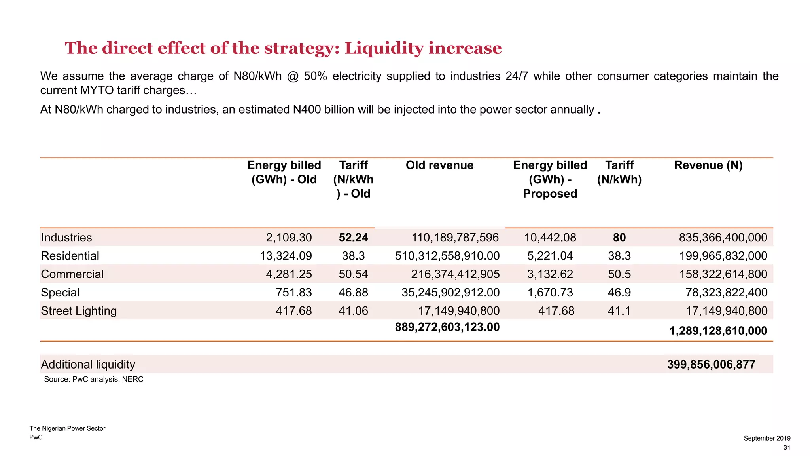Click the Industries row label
click(x=66, y=237)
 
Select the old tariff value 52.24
click(x=353, y=237)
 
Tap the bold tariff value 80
click(x=619, y=237)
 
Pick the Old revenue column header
click(x=439, y=165)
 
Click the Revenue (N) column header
click(x=708, y=165)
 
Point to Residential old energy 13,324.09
click(x=286, y=256)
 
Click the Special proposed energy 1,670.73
click(x=550, y=293)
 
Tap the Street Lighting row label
click(x=79, y=311)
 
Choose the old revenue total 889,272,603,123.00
click(x=447, y=327)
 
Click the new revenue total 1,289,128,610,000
click(x=718, y=331)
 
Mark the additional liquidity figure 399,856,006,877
click(x=711, y=364)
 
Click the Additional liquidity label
click(x=88, y=364)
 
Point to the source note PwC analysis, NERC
click(x=94, y=379)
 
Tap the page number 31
click(x=787, y=447)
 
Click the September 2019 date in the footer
click(x=767, y=438)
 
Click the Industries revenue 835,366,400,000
click(x=723, y=237)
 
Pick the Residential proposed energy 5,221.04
click(x=550, y=256)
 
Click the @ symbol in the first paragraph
click(x=293, y=76)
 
